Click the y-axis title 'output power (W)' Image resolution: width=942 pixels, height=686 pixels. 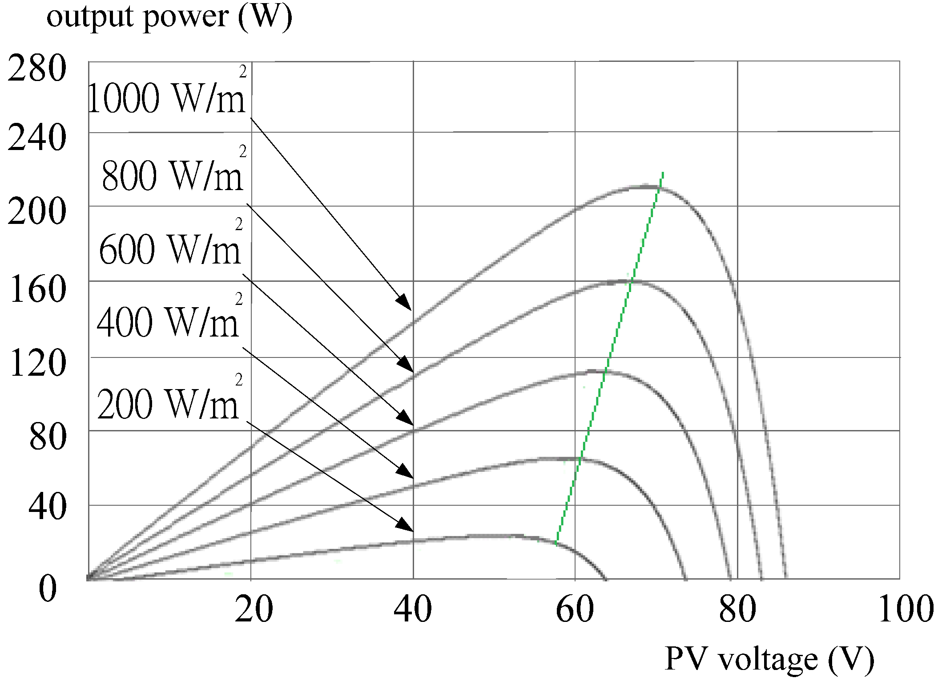click(169, 18)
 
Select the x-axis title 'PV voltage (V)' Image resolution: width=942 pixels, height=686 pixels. click(769, 659)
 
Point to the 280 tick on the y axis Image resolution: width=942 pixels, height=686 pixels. click(37, 69)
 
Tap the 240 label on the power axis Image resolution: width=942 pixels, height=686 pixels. click(37, 138)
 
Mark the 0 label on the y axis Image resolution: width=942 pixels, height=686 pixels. click(48, 589)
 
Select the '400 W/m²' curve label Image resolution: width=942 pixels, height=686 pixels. click(168, 321)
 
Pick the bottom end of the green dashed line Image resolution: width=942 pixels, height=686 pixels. click(556, 544)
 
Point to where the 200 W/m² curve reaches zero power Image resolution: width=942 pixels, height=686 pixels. click(605, 579)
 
